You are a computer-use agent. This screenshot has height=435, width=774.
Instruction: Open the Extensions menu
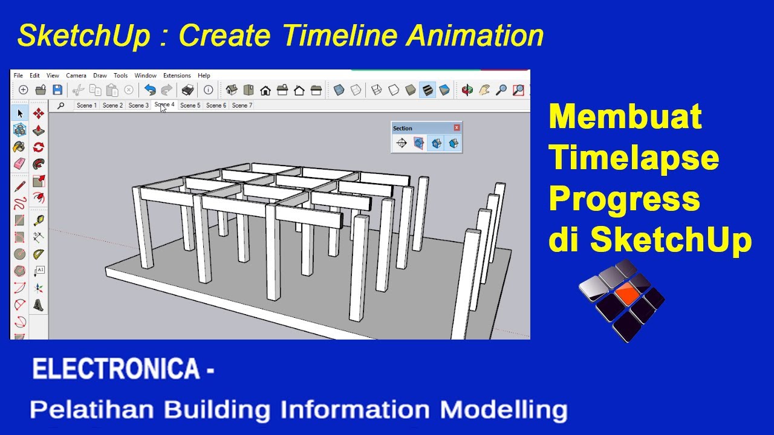[177, 76]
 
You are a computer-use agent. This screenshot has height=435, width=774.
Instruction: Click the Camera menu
[76, 76]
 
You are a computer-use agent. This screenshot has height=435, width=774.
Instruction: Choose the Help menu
[204, 76]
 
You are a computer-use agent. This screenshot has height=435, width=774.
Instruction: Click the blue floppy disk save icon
[57, 90]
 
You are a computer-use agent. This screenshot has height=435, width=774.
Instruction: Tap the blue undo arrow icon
[150, 90]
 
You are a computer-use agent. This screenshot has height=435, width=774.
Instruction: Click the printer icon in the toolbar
[188, 90]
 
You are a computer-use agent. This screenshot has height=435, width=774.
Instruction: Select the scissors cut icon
[78, 90]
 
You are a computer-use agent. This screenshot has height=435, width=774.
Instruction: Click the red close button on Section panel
[457, 127]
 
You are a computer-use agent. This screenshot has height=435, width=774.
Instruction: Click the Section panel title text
[403, 128]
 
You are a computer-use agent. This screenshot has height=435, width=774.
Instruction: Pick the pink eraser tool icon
[19, 164]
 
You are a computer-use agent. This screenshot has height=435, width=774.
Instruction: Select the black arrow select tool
[20, 113]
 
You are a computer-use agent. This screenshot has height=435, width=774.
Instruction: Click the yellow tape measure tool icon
[39, 220]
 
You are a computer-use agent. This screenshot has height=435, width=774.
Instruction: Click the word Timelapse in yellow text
[634, 158]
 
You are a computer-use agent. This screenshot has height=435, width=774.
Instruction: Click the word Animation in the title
[475, 36]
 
